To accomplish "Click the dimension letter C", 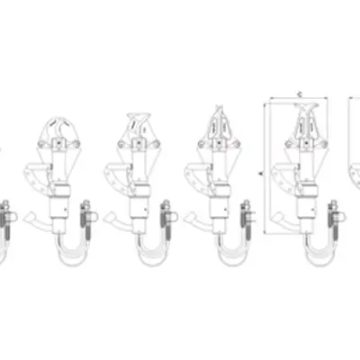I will click(x=297, y=93).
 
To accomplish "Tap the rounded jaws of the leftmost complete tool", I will click(x=57, y=132).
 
